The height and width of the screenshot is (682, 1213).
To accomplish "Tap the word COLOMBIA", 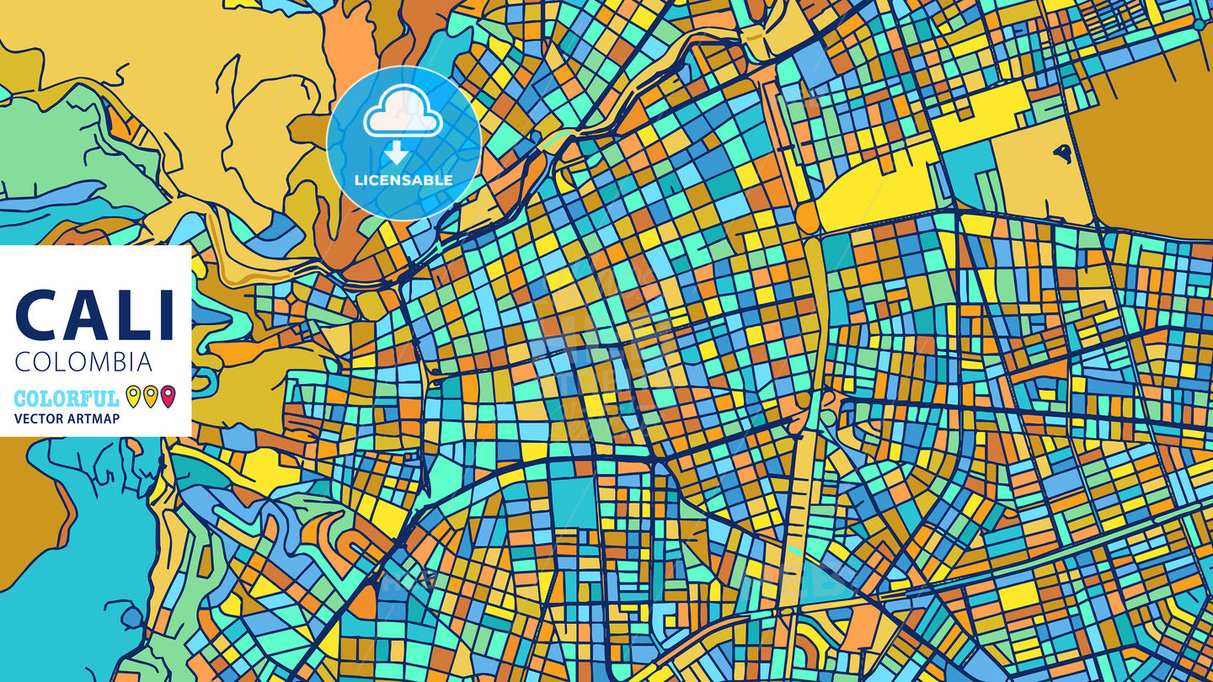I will coord(84,362).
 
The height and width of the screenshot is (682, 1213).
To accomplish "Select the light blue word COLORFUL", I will coord(67,398).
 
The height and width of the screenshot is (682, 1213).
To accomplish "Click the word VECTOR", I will coord(39,418).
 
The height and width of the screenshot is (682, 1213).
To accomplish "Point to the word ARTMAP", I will coord(94,418).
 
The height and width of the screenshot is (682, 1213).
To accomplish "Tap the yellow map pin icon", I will coord(132,396).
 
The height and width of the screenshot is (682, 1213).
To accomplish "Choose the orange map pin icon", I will coord(150,396).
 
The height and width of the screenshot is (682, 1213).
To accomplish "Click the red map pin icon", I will coord(168,396).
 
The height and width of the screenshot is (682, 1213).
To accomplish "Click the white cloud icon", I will coord(403,115).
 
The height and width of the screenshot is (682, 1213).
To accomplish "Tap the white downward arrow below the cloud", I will coord(397,152).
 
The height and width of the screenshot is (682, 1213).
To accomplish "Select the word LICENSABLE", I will coord(403,180).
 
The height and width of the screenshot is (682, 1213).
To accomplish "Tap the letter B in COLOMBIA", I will coord(120,362).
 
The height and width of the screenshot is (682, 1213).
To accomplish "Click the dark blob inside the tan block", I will coord(1062,153).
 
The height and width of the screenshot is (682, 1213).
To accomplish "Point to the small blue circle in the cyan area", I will coord(131,619).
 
